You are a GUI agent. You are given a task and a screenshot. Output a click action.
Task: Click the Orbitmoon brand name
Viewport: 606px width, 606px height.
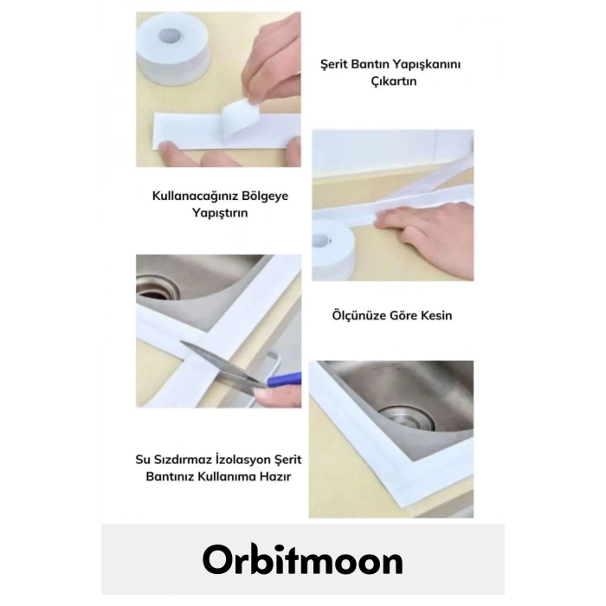[x=302, y=561]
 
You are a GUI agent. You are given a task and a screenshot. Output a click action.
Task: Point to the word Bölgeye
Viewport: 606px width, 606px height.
[x=265, y=196]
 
